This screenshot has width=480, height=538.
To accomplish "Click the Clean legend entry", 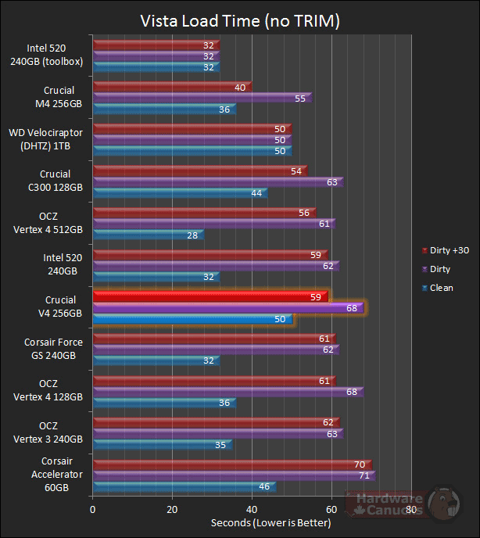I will tap(441, 288).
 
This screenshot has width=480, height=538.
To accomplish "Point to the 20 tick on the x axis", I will tap(173, 510).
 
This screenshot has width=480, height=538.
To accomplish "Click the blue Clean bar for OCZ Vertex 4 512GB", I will tap(148, 235).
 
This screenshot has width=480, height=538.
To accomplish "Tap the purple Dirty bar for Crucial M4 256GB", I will tap(202, 99).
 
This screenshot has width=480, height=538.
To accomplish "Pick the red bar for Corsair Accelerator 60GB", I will tap(231, 464).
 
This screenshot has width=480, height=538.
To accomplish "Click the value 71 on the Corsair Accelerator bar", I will tap(363, 475).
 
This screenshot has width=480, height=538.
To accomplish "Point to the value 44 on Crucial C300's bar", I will tap(256, 193).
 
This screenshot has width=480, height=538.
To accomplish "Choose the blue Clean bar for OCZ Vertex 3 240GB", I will tap(162, 444).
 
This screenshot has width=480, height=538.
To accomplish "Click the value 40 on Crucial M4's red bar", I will tap(239, 88).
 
